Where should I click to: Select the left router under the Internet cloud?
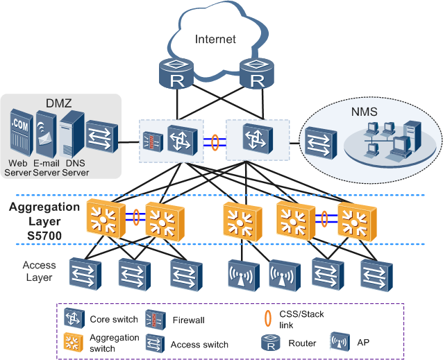coord(178,74)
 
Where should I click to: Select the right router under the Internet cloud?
coord(257,74)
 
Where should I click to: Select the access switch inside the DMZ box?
coord(102,137)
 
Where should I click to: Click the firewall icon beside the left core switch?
coord(149,141)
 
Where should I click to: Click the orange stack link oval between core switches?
coord(215,142)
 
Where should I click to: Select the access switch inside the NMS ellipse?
coord(319,142)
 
